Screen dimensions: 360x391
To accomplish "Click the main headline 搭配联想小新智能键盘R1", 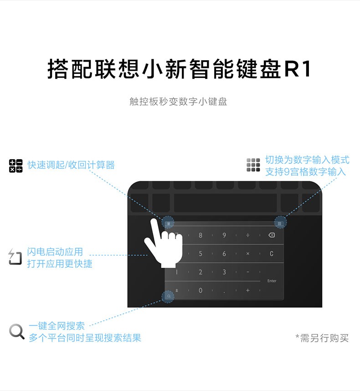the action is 180,69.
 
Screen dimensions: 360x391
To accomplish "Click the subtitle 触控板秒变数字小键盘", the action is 178,101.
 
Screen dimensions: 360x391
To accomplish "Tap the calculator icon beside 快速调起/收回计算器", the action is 15,166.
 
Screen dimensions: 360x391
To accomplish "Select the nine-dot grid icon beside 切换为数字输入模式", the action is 253,165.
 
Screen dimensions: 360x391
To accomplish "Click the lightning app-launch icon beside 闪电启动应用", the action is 15,257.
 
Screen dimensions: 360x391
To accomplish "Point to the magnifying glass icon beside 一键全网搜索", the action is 17,331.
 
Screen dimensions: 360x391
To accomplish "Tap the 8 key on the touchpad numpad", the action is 201,235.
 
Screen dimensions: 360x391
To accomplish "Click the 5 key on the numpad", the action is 201,254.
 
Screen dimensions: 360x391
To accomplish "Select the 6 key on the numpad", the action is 224,254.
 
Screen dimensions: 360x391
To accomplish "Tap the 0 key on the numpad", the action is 201,290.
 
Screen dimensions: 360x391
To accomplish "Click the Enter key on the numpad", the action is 272,281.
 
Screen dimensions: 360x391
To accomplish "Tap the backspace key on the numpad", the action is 272,235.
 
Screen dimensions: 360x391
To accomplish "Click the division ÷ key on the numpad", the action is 248,235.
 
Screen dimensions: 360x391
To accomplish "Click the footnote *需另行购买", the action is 322,338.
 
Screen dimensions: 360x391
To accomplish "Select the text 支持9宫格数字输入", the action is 305,172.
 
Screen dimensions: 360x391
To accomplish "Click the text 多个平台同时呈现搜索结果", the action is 85,338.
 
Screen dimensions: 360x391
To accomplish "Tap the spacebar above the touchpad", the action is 225,203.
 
